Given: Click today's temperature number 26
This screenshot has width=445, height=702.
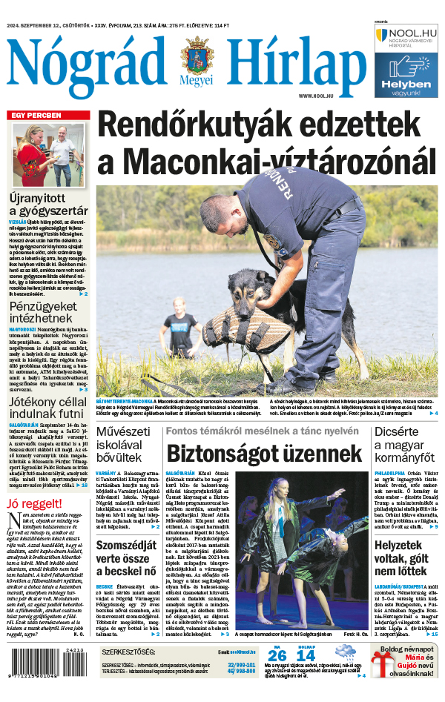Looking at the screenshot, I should coord(277,676).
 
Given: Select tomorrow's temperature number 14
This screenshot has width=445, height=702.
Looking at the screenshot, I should coord(306,676).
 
